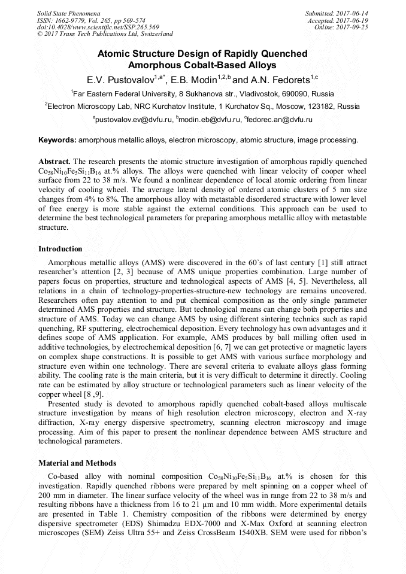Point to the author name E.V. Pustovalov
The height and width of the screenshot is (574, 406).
125,80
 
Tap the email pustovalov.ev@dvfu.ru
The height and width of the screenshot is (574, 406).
132,120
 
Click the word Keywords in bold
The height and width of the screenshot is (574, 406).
57,140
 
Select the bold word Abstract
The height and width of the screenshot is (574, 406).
54,162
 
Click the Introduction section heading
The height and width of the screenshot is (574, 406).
60,248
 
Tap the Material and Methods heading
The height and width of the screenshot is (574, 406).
77,463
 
